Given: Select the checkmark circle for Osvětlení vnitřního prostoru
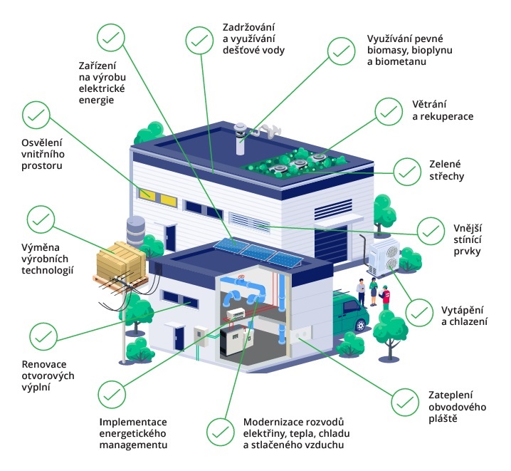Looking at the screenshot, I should (x=36, y=114).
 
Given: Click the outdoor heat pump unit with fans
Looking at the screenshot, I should (x=384, y=254).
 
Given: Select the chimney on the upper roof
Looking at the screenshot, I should (x=242, y=135).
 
